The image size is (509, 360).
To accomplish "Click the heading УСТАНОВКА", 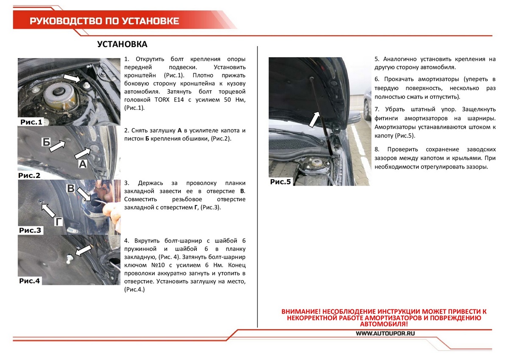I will pos(122,45).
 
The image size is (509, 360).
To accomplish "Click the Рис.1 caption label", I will pos(31,122).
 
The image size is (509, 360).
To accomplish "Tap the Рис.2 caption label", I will pos(30,175).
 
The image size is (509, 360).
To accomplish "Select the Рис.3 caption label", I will pos(30,231).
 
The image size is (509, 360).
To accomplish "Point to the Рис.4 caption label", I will pos(30,281).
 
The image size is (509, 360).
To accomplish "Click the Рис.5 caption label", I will pos(281,182).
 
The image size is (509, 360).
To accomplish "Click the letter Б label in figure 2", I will pos(46,142).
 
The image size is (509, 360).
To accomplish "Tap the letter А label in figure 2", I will pos(83,163).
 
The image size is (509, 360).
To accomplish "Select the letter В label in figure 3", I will pos(72,188).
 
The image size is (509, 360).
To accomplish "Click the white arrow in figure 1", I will pos(72,78).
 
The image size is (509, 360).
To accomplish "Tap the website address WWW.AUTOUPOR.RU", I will pos(385,334).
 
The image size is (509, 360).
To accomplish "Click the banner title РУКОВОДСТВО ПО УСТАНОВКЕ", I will pos(104,21).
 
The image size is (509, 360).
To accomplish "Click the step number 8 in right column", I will pos(377,149).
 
